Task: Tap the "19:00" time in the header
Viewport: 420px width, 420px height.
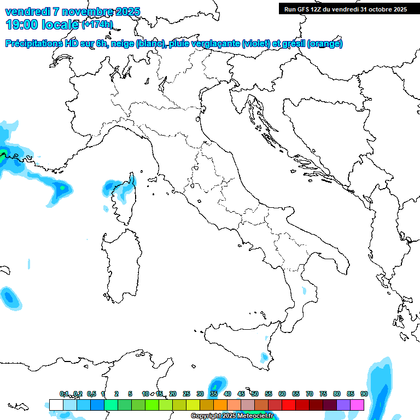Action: (x=22, y=24)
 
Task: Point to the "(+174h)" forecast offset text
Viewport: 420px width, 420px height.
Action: (x=97, y=25)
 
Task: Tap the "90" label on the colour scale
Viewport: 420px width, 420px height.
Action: (x=364, y=394)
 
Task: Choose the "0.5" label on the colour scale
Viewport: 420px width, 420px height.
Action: (x=91, y=394)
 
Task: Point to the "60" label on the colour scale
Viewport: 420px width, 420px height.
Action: (x=282, y=394)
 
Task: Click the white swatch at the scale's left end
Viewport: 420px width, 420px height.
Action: (x=56, y=405)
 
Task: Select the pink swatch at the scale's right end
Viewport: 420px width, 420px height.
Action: (x=358, y=405)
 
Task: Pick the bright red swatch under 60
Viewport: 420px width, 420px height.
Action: (x=289, y=405)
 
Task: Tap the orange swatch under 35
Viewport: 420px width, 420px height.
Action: (x=220, y=405)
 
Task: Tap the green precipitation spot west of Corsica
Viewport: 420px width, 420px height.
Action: (x=62, y=188)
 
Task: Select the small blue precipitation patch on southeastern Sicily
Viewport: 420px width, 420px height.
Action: (x=265, y=357)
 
